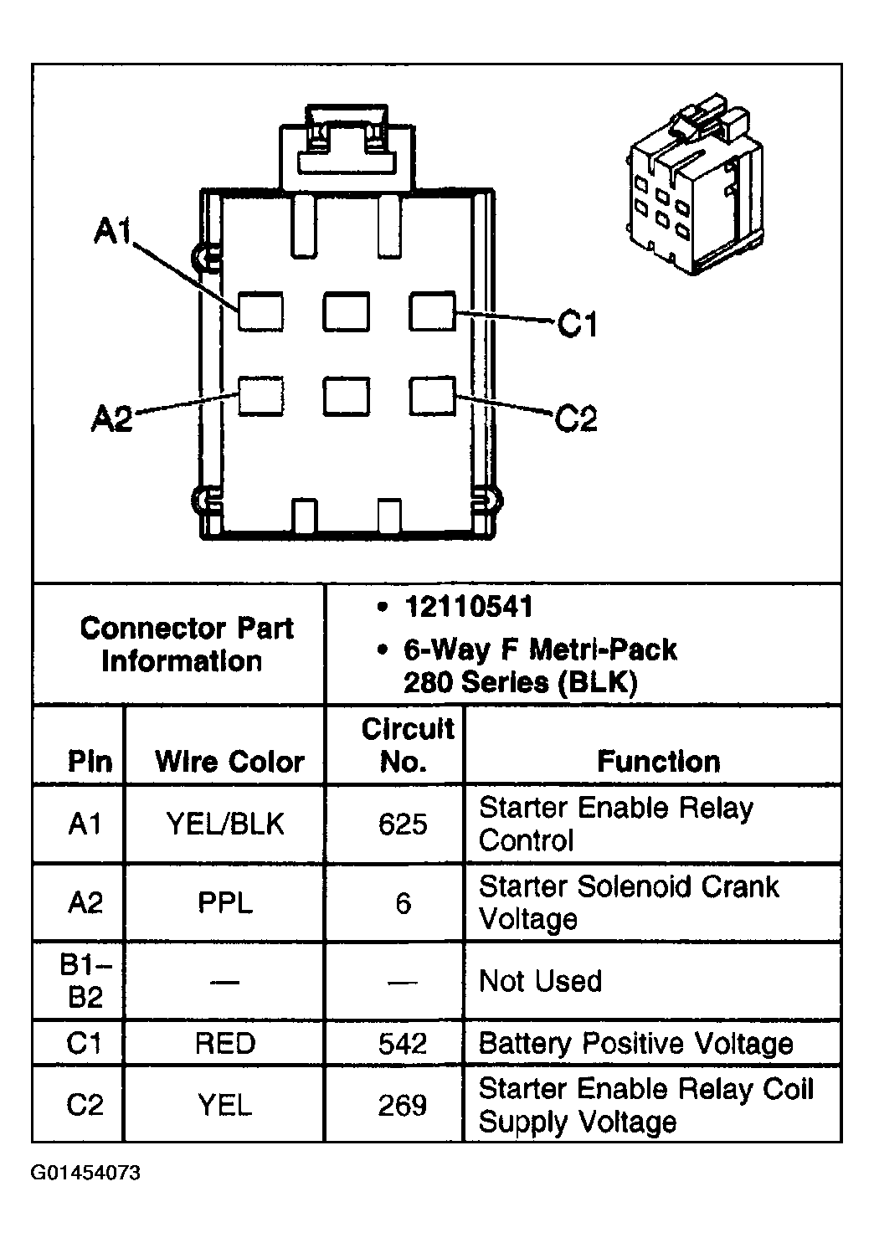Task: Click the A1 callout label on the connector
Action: coord(113,230)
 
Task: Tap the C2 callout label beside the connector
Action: coord(576,419)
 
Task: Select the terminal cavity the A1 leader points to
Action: coord(260,311)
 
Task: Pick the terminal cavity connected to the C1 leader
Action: coord(432,311)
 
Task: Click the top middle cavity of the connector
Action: coord(347,311)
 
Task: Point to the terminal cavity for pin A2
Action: coord(261,396)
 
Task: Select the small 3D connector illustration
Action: coord(695,184)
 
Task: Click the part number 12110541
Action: coord(469,606)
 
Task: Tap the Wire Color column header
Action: coord(229,762)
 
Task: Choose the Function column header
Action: coord(659,761)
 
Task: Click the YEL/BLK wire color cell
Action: coord(225,824)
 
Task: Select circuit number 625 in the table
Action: coord(403,824)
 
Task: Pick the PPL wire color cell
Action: coord(225,903)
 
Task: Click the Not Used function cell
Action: coord(540,980)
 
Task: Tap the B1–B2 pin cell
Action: coord(85,981)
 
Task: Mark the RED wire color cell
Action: coord(225,1043)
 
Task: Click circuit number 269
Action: coord(403,1105)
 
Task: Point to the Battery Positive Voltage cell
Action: coord(636,1044)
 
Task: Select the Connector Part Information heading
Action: coord(186,645)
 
